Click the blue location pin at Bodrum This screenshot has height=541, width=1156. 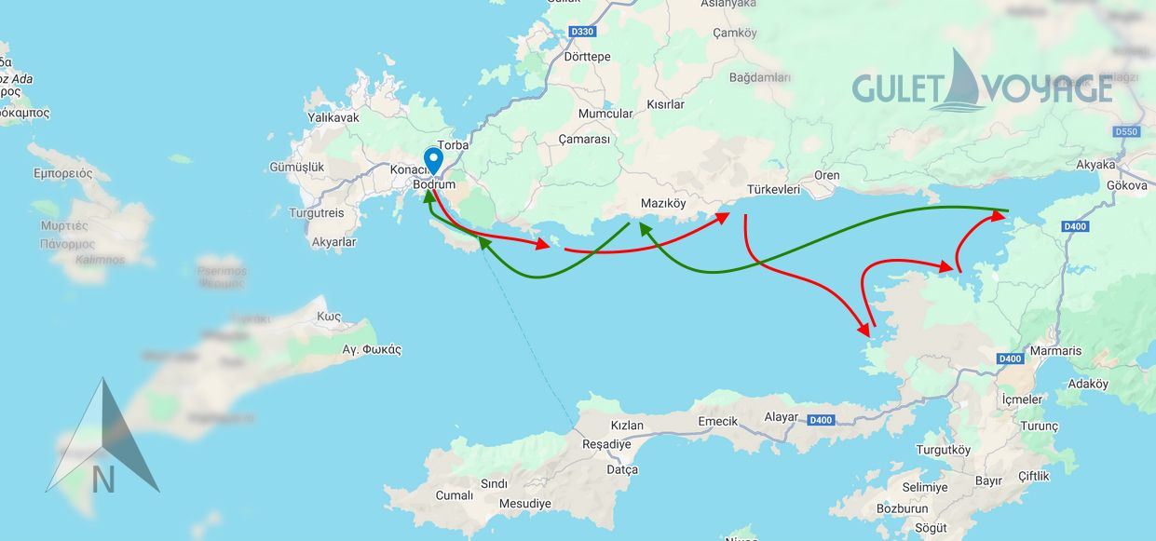coord(432,160)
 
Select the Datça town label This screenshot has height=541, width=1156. coord(621,469)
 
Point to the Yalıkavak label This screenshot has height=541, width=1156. coord(333,118)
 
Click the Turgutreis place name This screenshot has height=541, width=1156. coord(316,213)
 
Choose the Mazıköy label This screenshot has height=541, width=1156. coord(663,203)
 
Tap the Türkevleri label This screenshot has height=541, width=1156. coord(773,190)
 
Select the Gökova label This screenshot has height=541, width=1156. coord(1126,185)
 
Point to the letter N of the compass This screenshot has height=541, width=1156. coord(103,480)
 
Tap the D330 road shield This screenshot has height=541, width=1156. coord(581,32)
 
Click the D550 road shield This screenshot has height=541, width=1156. coord(1126,132)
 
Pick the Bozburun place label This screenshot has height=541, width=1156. coord(903,508)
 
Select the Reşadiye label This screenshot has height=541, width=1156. coord(606,444)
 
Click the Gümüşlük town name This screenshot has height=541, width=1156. coord(295,167)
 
